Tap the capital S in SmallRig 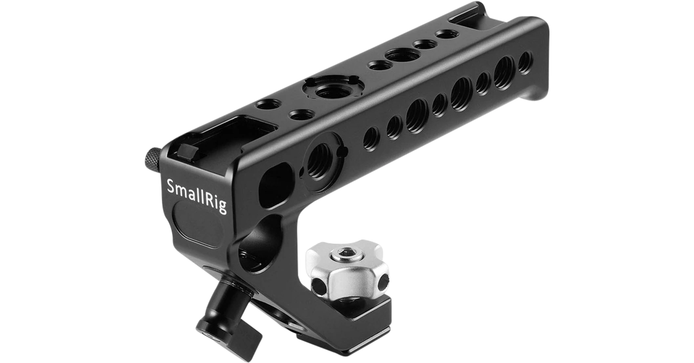coord(172,186)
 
